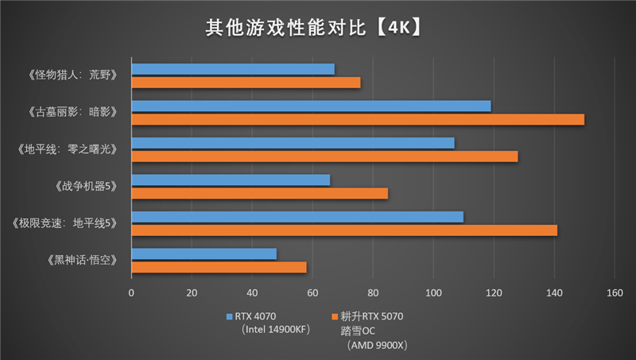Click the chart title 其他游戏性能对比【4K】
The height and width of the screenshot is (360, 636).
click(317, 27)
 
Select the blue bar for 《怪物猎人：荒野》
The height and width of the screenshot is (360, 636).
click(233, 69)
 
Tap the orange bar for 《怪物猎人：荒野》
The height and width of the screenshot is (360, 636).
click(246, 83)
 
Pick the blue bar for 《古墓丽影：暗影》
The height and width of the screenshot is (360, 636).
click(311, 106)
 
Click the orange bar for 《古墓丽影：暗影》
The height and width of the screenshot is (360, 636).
click(358, 119)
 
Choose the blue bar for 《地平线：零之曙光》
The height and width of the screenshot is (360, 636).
click(293, 143)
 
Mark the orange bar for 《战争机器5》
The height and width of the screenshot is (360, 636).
click(259, 193)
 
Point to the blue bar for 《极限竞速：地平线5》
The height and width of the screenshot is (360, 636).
click(297, 217)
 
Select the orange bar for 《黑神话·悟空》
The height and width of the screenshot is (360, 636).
click(219, 267)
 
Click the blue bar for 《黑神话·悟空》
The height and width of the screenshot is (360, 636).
click(204, 254)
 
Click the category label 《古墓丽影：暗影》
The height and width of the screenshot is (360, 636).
click(72, 112)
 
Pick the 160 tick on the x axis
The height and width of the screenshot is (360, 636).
click(614, 293)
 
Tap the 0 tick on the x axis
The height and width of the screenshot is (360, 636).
click(131, 293)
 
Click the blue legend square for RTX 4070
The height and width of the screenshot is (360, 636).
click(229, 316)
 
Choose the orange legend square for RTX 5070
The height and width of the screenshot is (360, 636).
click(335, 316)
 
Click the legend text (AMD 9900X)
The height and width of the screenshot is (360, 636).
click(376, 346)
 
